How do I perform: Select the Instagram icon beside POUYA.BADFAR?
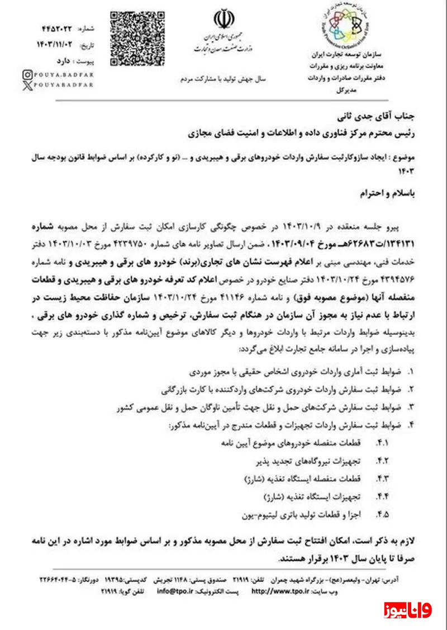[27, 74]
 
